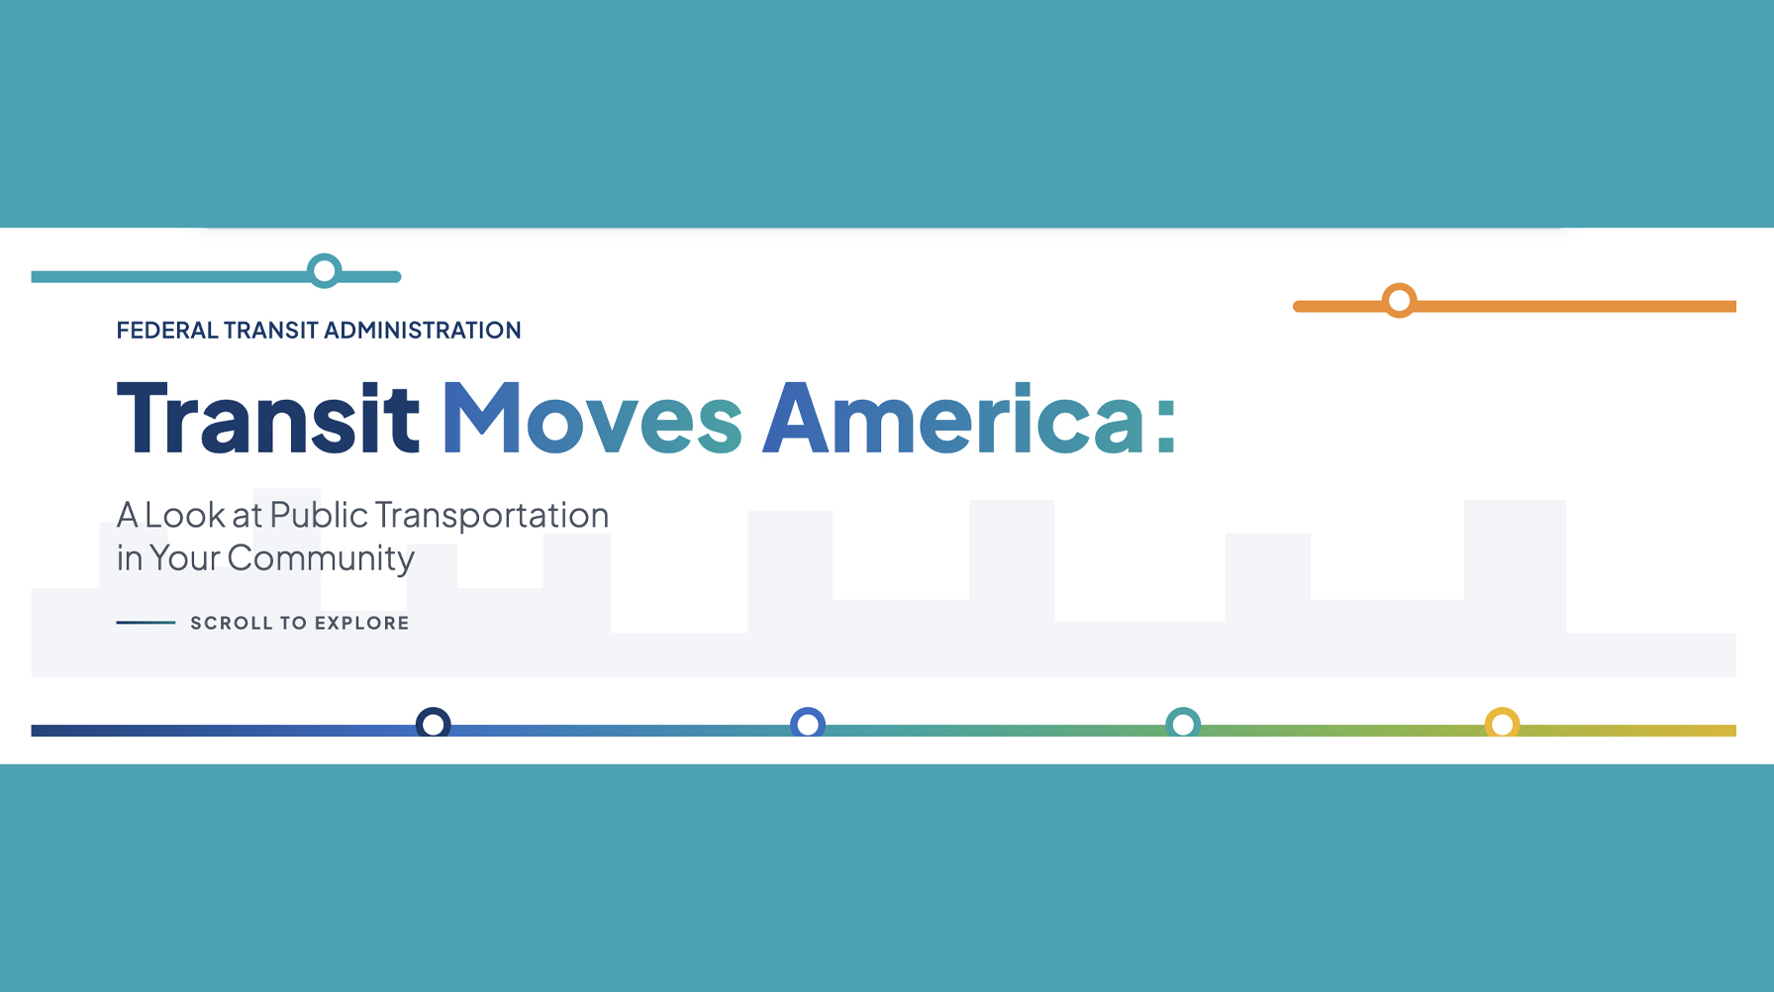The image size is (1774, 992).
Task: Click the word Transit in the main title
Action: (268, 419)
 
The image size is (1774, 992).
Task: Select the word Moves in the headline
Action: (592, 419)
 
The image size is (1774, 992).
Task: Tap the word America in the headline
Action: (954, 419)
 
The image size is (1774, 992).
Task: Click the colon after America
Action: (1165, 427)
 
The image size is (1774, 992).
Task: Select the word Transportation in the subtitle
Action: (492, 516)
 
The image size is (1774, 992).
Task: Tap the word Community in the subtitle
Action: (321, 559)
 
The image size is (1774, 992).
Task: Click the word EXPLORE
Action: (361, 623)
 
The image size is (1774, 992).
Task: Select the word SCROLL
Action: (231, 623)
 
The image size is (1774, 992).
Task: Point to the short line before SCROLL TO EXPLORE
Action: (146, 623)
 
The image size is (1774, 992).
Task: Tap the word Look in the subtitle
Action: (185, 515)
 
